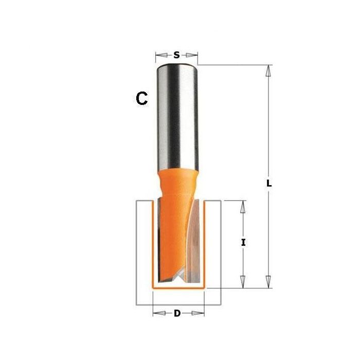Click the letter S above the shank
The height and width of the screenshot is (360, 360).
(177, 55)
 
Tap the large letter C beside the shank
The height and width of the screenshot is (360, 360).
(142, 98)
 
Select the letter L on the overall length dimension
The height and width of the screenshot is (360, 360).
(268, 183)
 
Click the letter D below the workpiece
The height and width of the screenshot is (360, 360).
(177, 314)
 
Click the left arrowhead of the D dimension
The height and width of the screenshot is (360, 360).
(157, 313)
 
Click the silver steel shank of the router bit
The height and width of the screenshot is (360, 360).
(177, 113)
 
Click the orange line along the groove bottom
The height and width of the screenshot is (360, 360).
(178, 290)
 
